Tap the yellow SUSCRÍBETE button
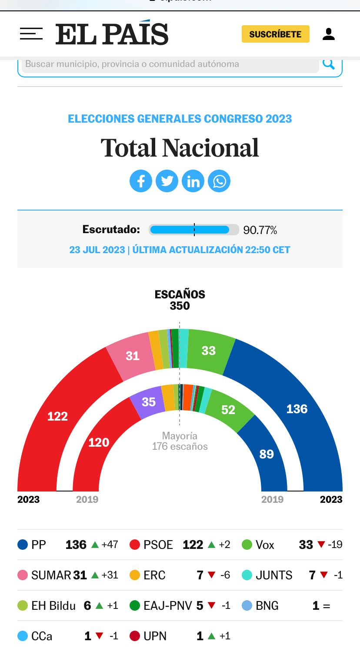coord(275,34)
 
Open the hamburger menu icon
coord(31,34)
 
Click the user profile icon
coord(329,34)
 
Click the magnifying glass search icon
coord(329,64)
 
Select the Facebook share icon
coord(141,181)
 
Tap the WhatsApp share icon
coord(219,181)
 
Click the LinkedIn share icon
coord(193,181)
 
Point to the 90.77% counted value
coord(260,230)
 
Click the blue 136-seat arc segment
coord(297,409)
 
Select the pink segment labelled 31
coord(133,356)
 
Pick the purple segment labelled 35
coord(149,401)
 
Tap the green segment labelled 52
coord(228,409)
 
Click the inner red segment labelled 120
coord(99,442)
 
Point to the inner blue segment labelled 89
coord(267,454)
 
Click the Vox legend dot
coord(247,545)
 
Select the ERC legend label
coord(154,575)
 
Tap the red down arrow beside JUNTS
coord(324,575)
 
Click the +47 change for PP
coord(110,545)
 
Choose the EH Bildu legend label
coord(53,605)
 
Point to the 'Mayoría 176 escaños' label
coord(180,441)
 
